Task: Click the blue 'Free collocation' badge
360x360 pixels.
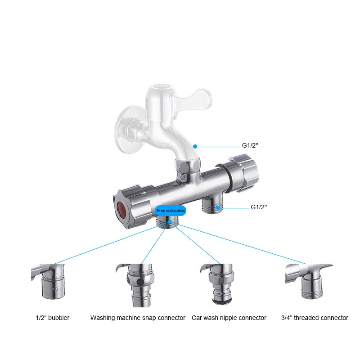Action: pos(171,210)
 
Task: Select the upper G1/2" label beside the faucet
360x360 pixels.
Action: pos(250,146)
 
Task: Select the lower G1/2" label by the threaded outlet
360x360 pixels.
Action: pos(259,207)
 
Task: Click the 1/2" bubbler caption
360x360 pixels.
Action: pos(53,318)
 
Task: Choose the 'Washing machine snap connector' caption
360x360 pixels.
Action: pos(138,318)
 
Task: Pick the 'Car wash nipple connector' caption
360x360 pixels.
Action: pos(229,318)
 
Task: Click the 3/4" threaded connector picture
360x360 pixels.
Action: pos(310,281)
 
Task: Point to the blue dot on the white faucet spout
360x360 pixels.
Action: pos(195,146)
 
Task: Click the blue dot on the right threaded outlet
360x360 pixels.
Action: pos(218,207)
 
